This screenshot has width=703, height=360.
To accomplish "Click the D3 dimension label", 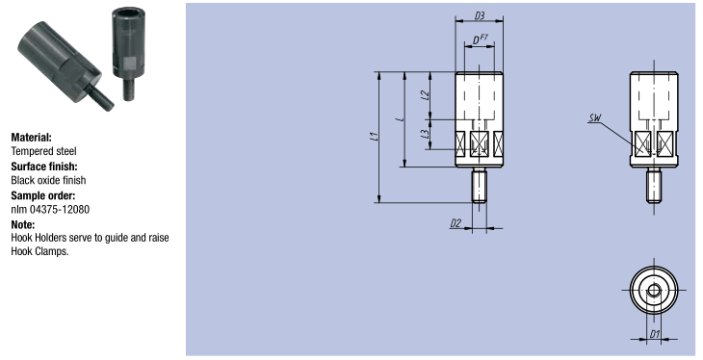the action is tap(480, 15).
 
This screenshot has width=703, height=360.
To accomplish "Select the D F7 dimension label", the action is tap(480, 39).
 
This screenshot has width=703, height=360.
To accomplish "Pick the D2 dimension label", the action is tap(456, 222).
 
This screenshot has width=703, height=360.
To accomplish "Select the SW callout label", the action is tap(595, 117).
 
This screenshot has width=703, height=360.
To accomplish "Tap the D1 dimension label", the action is tap(655, 334).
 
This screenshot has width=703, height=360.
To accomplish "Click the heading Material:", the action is tap(32, 138).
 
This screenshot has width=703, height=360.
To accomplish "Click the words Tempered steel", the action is tap(44, 151).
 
